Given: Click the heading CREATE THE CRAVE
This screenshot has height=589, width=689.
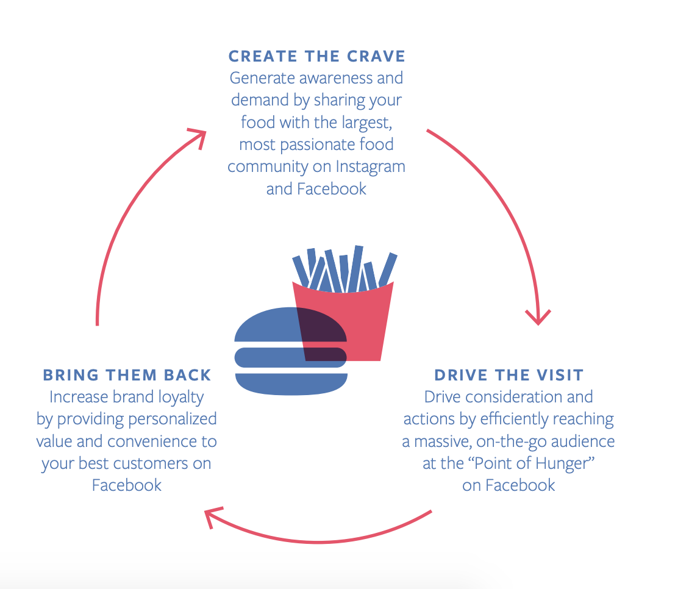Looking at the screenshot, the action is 317,56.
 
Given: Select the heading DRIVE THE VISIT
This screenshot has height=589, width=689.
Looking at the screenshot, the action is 509,375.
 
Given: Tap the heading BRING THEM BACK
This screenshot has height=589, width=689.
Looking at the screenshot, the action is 127,375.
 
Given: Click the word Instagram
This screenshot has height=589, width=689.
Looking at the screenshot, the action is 371,166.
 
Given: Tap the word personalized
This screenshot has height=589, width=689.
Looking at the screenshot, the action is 173,419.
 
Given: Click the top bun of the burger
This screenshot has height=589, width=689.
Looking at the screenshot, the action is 290,324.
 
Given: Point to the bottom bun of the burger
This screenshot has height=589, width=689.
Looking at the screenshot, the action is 291,384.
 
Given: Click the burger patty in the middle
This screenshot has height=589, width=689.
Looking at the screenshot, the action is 290,357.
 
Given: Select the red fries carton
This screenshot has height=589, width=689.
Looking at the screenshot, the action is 343,321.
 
